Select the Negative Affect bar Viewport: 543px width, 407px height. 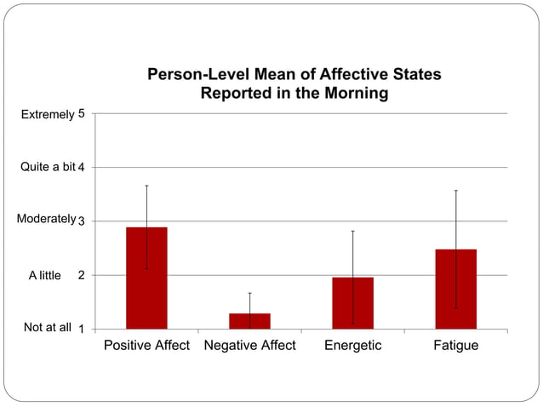pyautogui.click(x=249, y=321)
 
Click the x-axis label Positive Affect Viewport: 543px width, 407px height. pyautogui.click(x=146, y=346)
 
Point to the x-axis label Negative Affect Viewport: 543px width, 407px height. pyautogui.click(x=250, y=346)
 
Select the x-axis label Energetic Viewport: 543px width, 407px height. pyautogui.click(x=353, y=346)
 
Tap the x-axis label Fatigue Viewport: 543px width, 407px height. pyautogui.click(x=456, y=346)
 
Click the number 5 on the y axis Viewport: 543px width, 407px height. pyautogui.click(x=81, y=113)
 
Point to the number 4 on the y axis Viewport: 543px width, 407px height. pyautogui.click(x=81, y=168)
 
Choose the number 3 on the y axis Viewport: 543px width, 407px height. pyautogui.click(x=81, y=221)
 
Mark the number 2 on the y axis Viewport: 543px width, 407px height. pyautogui.click(x=81, y=276)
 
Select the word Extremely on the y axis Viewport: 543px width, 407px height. pyautogui.click(x=48, y=113)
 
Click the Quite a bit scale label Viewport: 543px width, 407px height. pyautogui.click(x=48, y=167)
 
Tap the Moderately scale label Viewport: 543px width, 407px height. pyautogui.click(x=46, y=219)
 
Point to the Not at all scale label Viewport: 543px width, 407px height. pyautogui.click(x=48, y=327)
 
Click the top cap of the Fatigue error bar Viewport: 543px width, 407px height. pyautogui.click(x=455, y=191)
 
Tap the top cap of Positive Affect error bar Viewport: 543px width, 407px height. pyautogui.click(x=146, y=186)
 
